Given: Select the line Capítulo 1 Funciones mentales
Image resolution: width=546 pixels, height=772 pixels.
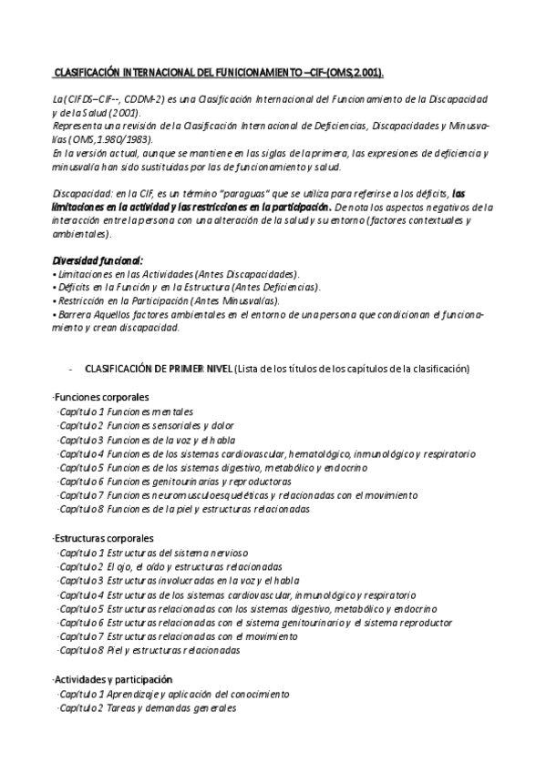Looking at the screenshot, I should click(125, 411).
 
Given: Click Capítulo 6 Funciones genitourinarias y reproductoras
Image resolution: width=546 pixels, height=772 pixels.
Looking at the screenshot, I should click(174, 481).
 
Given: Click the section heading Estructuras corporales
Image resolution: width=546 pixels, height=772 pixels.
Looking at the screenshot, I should click(103, 538).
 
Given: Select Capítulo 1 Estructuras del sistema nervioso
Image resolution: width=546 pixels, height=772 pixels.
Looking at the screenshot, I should click(150, 553).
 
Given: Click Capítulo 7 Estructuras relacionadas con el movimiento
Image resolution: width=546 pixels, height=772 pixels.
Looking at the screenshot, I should click(177, 636).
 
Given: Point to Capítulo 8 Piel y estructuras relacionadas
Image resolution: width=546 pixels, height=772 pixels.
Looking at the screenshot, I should click(149, 651).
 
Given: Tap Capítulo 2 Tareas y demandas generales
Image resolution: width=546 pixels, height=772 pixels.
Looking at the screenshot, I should click(146, 708).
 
